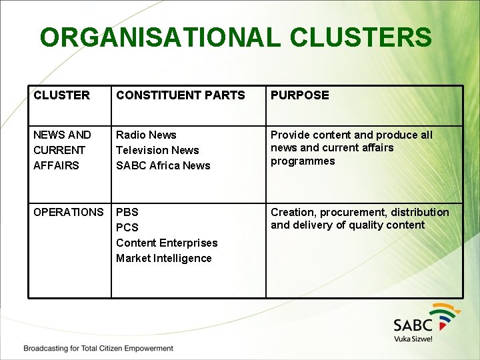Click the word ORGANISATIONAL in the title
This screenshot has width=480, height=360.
[158, 37]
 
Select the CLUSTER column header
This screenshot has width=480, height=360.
[61, 95]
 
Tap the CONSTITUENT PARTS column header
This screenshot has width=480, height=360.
[180, 95]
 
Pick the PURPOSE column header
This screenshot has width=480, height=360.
[299, 95]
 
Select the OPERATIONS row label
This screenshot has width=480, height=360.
[68, 212]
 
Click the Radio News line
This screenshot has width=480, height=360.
[146, 135]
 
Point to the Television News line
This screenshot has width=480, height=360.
[157, 150]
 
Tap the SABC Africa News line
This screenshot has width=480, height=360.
[163, 165]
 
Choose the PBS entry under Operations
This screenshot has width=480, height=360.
[127, 212]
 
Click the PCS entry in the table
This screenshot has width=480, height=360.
[127, 227]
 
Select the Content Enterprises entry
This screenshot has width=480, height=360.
[167, 243]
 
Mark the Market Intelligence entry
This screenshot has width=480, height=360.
[163, 258]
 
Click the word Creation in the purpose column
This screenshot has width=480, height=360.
[292, 212]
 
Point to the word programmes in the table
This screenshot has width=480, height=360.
[303, 161]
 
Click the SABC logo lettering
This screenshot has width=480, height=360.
[413, 325]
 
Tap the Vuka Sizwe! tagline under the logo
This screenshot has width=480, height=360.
[413, 339]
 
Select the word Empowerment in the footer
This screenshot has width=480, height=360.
[147, 349]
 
